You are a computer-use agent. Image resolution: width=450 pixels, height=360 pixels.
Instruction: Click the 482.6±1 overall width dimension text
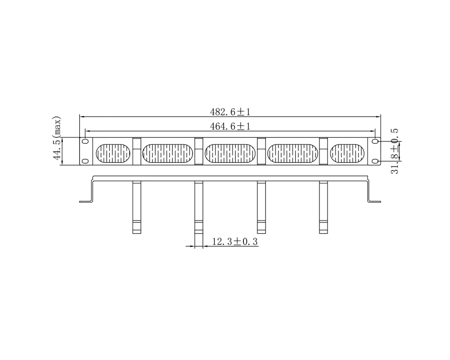pyautogui.click(x=230, y=112)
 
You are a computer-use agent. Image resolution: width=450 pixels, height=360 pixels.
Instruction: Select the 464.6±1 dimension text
pyautogui.click(x=230, y=126)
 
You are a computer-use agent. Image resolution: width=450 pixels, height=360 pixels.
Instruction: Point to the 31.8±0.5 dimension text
pyautogui.click(x=395, y=151)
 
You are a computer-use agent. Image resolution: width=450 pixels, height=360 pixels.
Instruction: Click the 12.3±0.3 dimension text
pyautogui.click(x=235, y=242)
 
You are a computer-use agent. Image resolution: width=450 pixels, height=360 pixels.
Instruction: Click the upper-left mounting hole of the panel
pyautogui.click(x=85, y=142)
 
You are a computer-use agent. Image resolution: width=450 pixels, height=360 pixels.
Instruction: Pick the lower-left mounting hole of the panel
pyautogui.click(x=85, y=161)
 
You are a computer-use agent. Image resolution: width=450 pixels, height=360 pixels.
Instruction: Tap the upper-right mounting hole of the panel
pyautogui.click(x=375, y=142)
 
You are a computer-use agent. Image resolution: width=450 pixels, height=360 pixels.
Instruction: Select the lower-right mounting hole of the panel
pyautogui.click(x=375, y=162)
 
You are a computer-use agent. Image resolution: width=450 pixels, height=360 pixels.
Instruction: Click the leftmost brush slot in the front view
pyautogui.click(x=113, y=153)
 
